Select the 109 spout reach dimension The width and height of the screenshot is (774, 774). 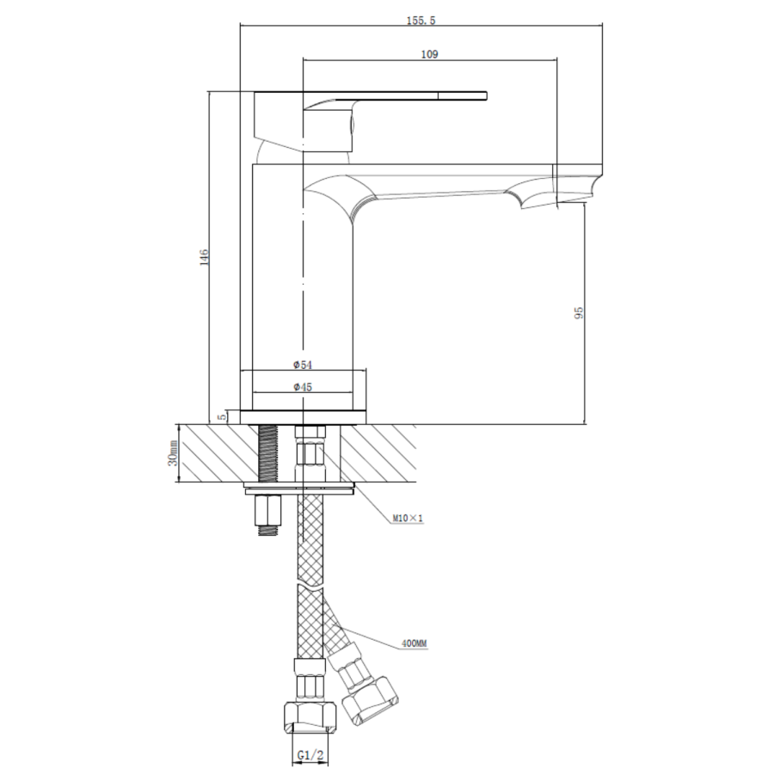click(x=430, y=54)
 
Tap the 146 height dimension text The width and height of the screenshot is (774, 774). click(x=204, y=257)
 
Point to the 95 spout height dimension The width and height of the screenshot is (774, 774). click(x=579, y=311)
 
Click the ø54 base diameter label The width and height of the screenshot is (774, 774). click(x=302, y=365)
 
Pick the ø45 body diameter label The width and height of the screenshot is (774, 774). click(x=302, y=388)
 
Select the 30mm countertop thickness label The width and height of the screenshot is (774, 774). click(x=172, y=453)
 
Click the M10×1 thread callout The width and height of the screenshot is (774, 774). click(x=408, y=519)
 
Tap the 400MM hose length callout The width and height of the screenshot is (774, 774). click(x=415, y=643)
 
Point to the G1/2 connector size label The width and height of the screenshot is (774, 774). click(x=310, y=755)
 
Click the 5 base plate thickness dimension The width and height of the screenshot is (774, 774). click(x=222, y=416)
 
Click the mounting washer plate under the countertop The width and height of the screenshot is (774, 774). click(x=301, y=490)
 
